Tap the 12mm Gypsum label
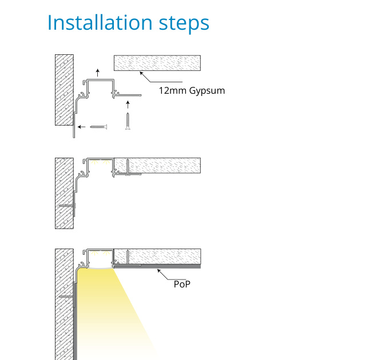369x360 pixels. (192, 90)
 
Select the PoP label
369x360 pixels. (182, 283)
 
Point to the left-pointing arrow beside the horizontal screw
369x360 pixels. (82, 126)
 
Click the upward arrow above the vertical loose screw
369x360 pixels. (128, 104)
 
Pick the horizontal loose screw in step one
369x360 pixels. (99, 126)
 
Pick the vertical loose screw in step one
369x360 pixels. (128, 121)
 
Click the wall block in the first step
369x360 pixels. (64, 90)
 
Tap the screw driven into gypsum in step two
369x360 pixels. (130, 166)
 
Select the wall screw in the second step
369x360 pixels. (66, 205)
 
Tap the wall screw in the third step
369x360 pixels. (66, 297)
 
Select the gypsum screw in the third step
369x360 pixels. (130, 257)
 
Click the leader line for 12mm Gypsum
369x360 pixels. (150, 79)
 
